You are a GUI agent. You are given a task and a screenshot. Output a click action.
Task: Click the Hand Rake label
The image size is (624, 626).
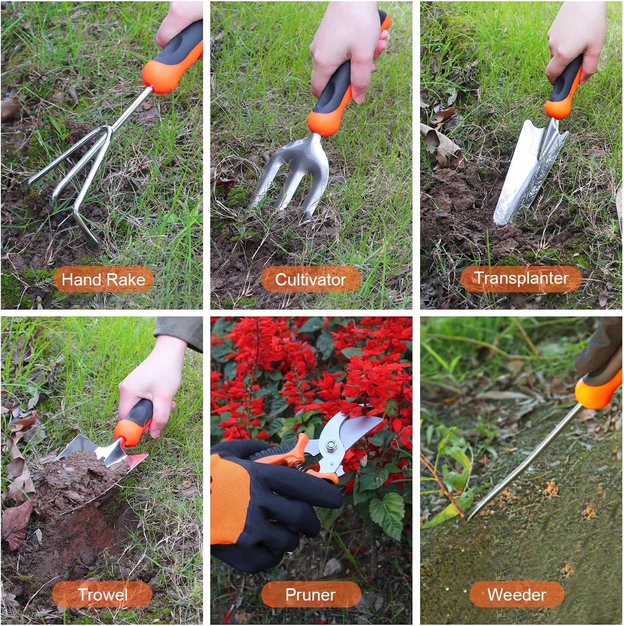click(103, 279)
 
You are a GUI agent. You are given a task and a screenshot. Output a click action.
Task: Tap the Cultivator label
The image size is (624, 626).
click(311, 279)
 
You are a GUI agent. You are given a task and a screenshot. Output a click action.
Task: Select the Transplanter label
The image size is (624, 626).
click(521, 278)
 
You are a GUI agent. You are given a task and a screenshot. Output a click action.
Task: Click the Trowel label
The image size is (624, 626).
click(102, 594)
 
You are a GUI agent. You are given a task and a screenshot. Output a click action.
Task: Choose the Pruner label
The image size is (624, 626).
click(311, 594)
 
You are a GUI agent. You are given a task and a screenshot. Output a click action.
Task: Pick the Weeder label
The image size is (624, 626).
click(517, 594)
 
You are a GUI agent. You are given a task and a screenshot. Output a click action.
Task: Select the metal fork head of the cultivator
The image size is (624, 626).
click(292, 174)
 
